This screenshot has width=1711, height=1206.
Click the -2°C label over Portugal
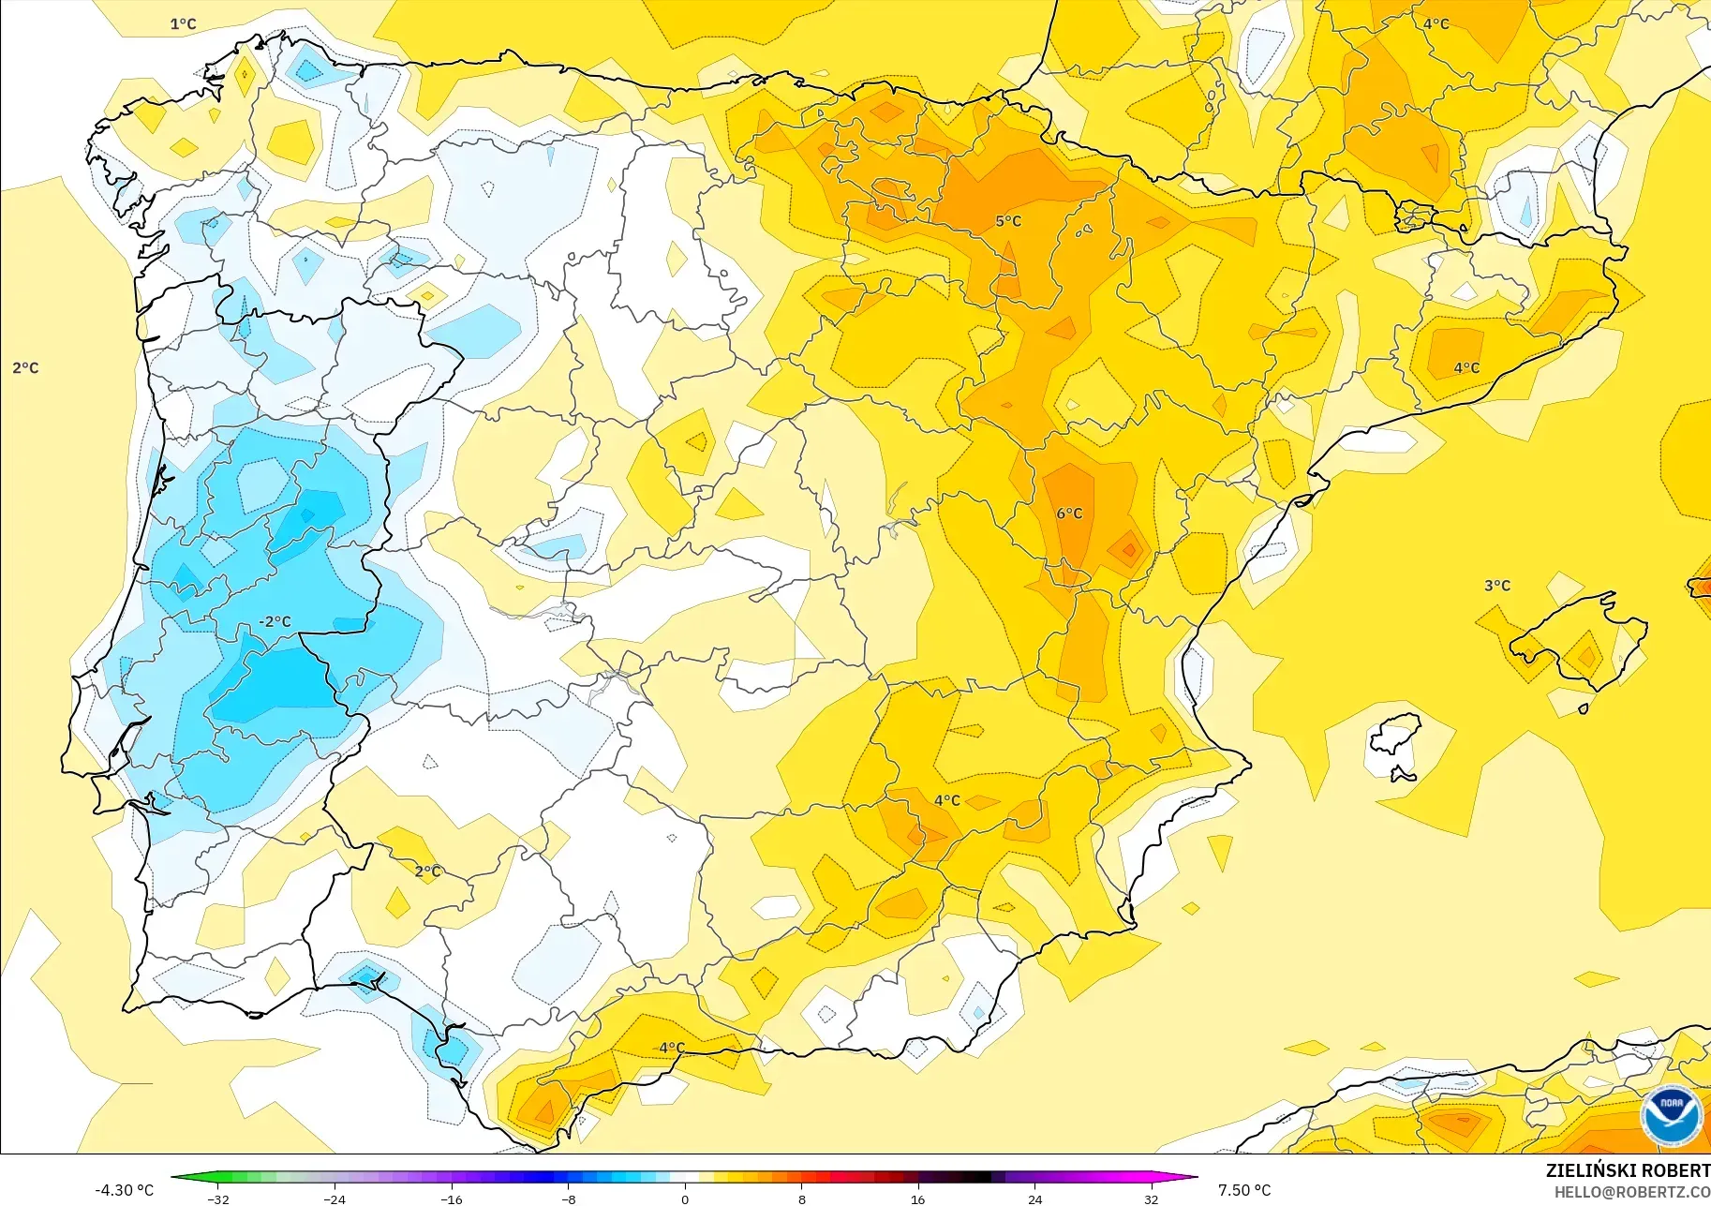pyautogui.click(x=275, y=621)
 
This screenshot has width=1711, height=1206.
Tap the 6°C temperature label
pyautogui.click(x=1069, y=514)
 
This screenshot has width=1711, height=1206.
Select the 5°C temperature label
pyautogui.click(x=1008, y=221)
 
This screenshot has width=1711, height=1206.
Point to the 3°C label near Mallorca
pyautogui.click(x=1497, y=586)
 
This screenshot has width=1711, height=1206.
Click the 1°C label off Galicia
pyautogui.click(x=184, y=24)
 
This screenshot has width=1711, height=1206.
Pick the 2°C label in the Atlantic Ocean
pyautogui.click(x=26, y=368)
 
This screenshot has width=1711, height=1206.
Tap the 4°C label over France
pyautogui.click(x=1436, y=24)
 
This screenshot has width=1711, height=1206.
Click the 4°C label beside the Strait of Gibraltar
pyautogui.click(x=672, y=1048)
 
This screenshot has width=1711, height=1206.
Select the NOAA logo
pyautogui.click(x=1671, y=1115)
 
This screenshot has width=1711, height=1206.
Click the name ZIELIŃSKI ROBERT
pyautogui.click(x=1628, y=1170)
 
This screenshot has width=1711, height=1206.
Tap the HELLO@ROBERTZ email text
pyautogui.click(x=1631, y=1192)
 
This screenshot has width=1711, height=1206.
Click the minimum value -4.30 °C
pyautogui.click(x=124, y=1190)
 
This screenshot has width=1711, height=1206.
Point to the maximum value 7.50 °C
pyautogui.click(x=1244, y=1190)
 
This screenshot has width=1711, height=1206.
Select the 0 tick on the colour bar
pyautogui.click(x=685, y=1199)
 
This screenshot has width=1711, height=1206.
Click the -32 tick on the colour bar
pyautogui.click(x=218, y=1199)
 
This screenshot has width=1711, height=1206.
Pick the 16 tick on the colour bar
pyautogui.click(x=917, y=1199)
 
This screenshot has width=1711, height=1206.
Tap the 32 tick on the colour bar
pyautogui.click(x=1151, y=1199)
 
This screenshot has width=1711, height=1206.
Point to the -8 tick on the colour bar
pyautogui.click(x=569, y=1199)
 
